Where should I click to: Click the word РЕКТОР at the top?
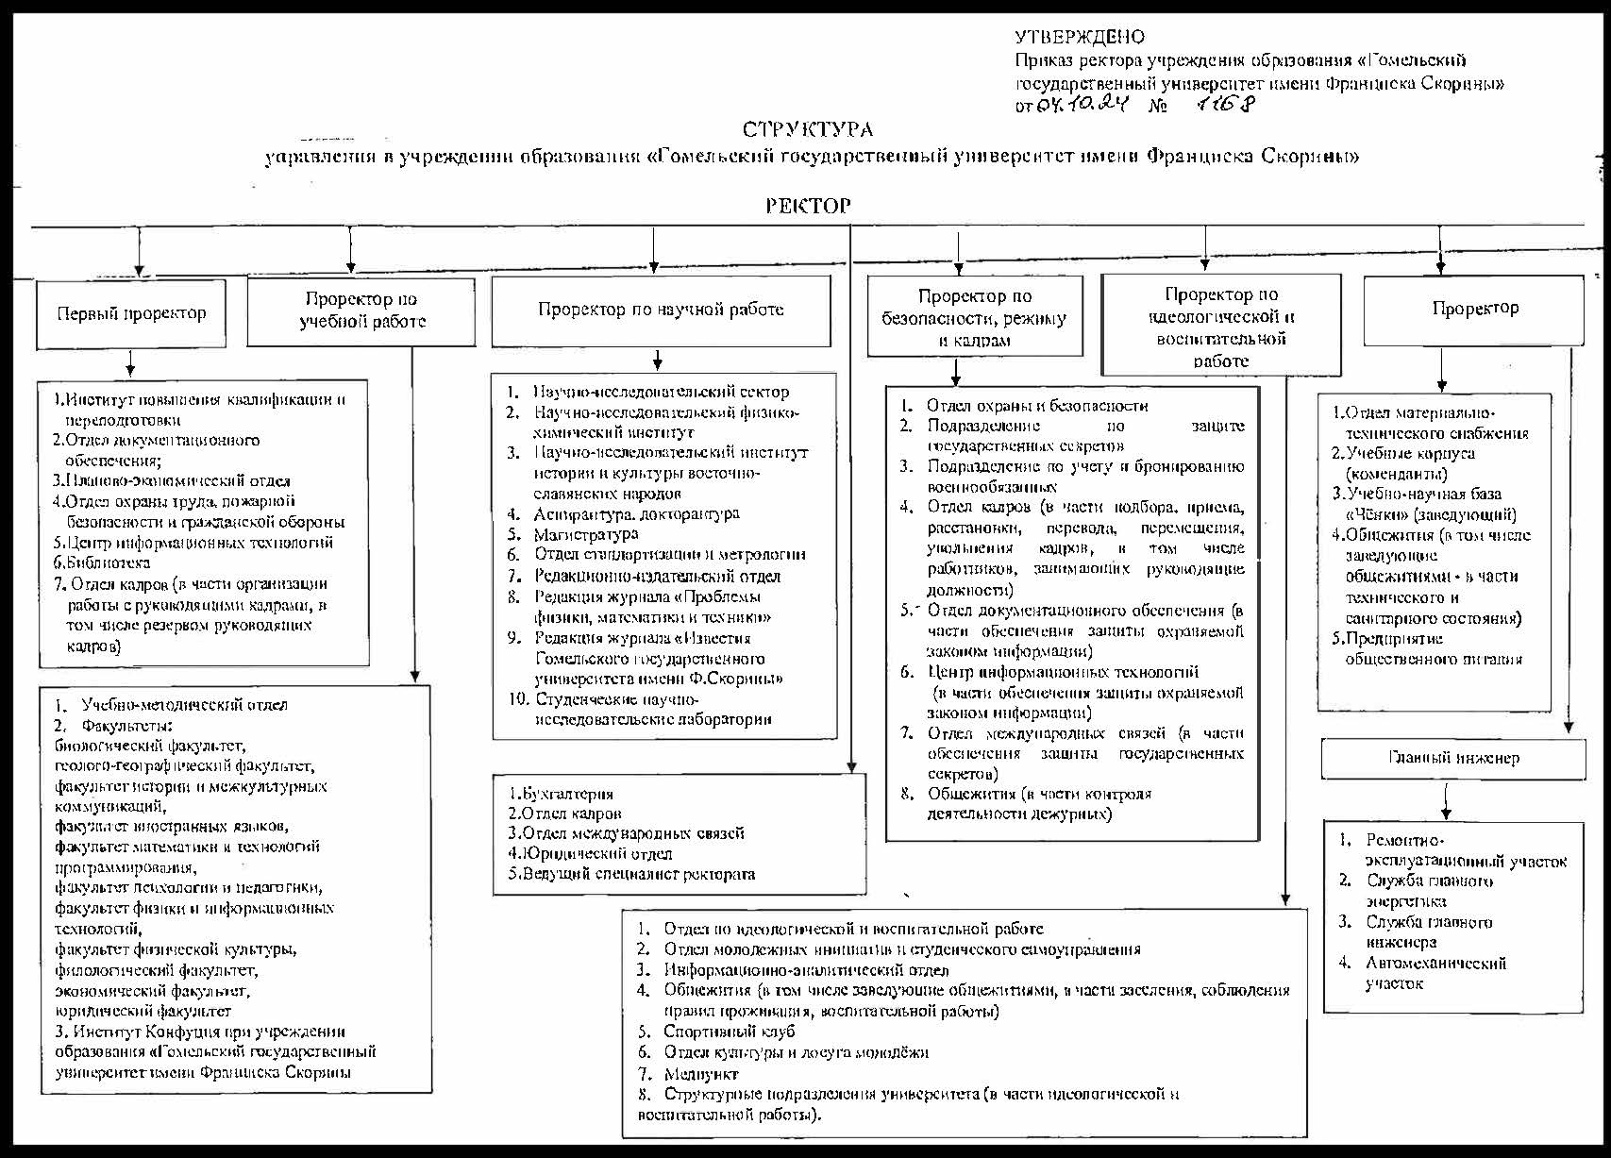808,206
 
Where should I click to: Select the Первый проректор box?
131,313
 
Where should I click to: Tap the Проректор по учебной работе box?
361,310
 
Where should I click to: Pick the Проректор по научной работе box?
661,310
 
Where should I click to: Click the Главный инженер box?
1453,758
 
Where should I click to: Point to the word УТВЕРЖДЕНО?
1080,38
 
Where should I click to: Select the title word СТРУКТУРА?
807,130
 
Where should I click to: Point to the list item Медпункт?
700,1073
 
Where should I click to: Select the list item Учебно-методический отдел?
184,705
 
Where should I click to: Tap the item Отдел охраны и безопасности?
1036,406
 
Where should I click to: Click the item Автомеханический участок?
1435,973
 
